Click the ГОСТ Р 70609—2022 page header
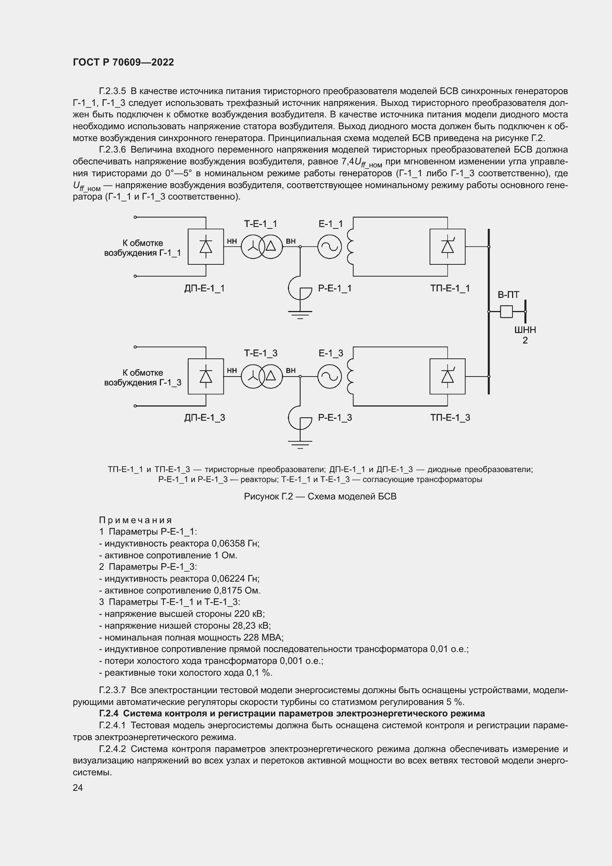[123, 62]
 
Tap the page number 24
[78, 788]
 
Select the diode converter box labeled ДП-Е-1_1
[206, 247]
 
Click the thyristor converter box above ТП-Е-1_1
[447, 247]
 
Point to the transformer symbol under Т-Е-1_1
[262, 247]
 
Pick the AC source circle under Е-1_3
[329, 377]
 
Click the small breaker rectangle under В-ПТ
[506, 311]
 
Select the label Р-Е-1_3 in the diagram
[335, 418]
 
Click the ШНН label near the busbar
[525, 330]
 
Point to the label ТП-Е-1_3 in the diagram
[450, 418]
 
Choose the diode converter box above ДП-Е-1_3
[206, 377]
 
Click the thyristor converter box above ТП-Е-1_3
[447, 377]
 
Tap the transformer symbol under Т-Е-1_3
[262, 377]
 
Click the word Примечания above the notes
[135, 521]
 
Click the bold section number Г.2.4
[109, 713]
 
